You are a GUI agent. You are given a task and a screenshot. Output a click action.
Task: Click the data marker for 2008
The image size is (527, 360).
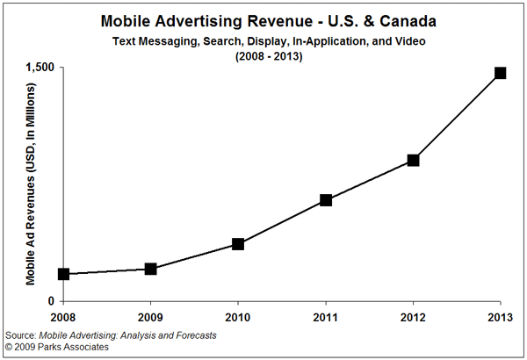[x=63, y=274]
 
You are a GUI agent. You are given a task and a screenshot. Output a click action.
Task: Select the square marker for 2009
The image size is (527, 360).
[x=150, y=269]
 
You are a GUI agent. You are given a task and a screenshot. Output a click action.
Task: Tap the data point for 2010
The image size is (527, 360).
[x=238, y=244]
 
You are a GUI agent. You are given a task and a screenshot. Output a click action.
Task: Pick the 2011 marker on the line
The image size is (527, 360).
[x=326, y=200]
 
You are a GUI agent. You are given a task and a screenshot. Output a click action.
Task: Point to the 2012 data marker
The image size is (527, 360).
[x=413, y=161]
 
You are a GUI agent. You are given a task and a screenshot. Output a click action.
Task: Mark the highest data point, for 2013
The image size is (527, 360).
[x=500, y=73]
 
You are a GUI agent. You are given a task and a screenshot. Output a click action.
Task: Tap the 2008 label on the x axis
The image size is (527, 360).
[x=62, y=316]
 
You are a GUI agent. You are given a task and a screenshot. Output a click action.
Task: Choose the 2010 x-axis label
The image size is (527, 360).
[x=238, y=316]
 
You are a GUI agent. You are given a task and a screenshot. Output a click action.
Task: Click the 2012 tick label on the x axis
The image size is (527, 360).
[x=413, y=316]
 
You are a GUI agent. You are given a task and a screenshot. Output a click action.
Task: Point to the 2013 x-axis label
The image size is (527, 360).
[x=500, y=316]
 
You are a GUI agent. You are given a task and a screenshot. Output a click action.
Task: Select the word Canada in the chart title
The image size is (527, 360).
[x=399, y=19]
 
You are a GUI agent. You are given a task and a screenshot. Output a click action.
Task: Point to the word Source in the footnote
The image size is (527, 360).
[x=18, y=335]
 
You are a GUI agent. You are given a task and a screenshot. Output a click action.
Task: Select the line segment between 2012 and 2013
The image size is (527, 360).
[x=457, y=117]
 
